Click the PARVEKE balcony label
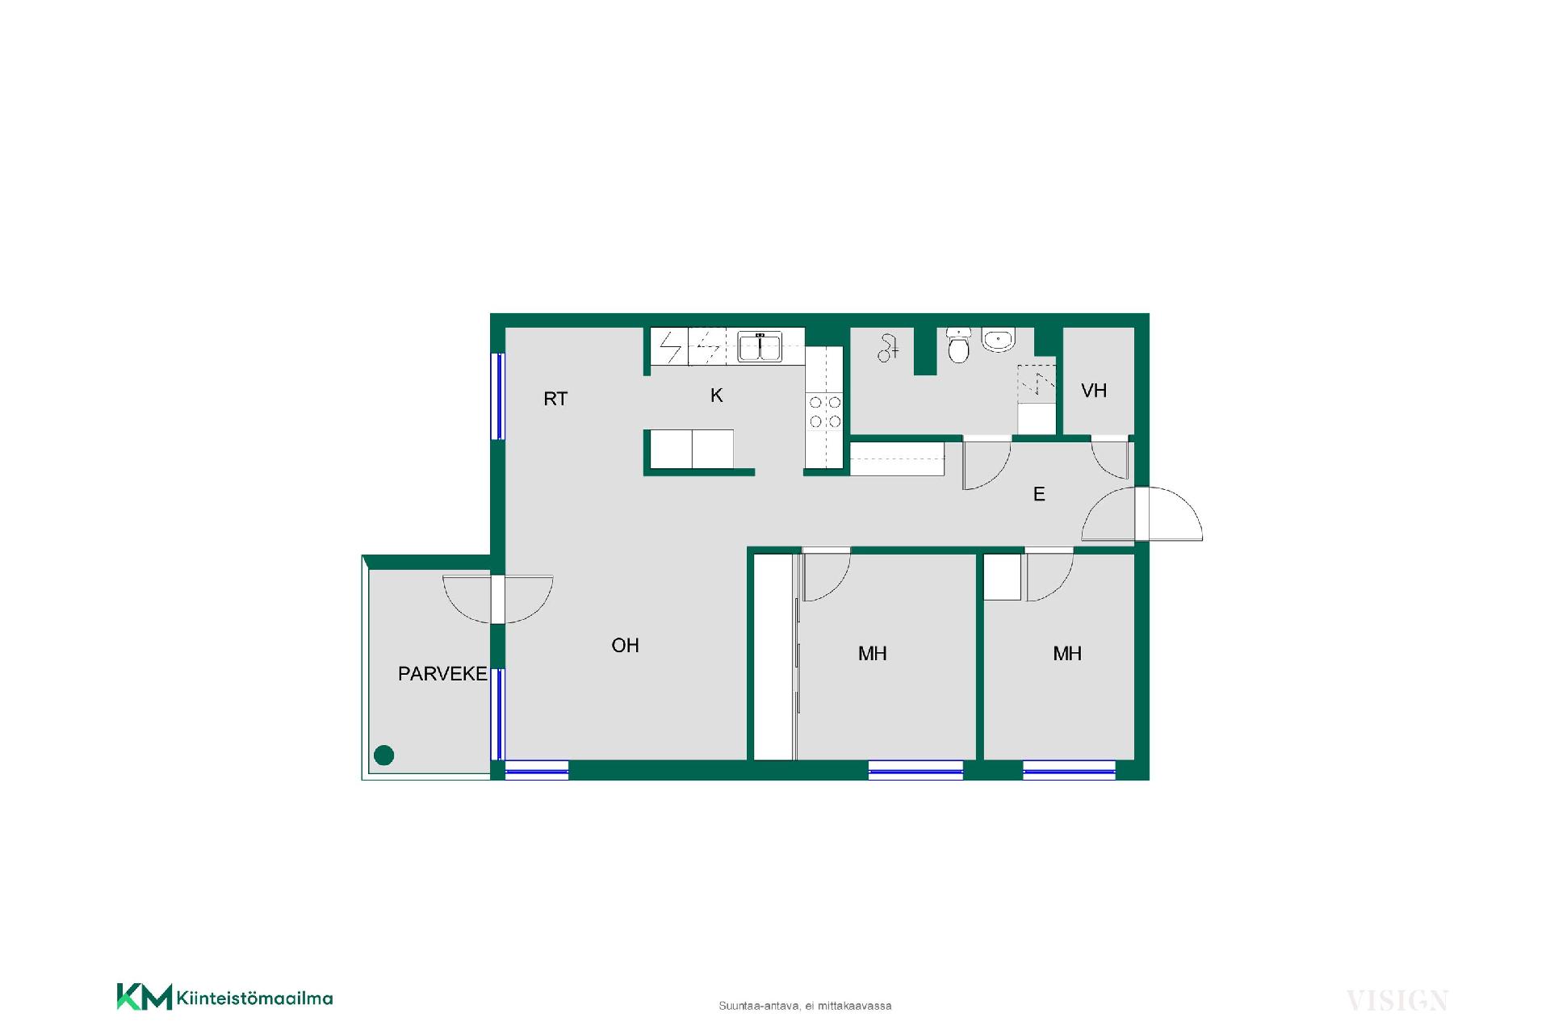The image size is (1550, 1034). [442, 674]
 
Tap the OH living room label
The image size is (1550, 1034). [626, 646]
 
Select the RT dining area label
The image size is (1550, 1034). [555, 399]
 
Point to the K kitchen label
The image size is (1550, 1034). [717, 396]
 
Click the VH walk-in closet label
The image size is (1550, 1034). [1094, 391]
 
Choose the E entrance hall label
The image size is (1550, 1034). [1039, 494]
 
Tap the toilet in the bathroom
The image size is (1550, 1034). [958, 345]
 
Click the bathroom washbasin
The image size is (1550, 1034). [999, 340]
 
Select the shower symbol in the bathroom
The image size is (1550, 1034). [888, 349]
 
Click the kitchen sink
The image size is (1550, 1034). [760, 347]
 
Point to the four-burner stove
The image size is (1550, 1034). [825, 412]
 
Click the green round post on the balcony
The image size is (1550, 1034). [384, 756]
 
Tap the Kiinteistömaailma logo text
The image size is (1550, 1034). [254, 998]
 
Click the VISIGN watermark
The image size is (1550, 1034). [1397, 1001]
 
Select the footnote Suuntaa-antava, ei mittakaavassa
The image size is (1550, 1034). [805, 1006]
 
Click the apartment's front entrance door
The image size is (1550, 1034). [1142, 514]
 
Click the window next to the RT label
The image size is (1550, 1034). [499, 396]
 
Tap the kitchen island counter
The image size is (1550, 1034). [692, 449]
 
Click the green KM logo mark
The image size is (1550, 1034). [145, 997]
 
